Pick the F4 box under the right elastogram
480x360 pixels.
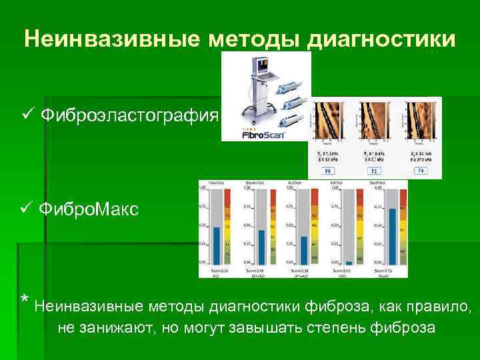421,171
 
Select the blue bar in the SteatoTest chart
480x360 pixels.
261,247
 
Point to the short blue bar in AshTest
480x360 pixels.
349,263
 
